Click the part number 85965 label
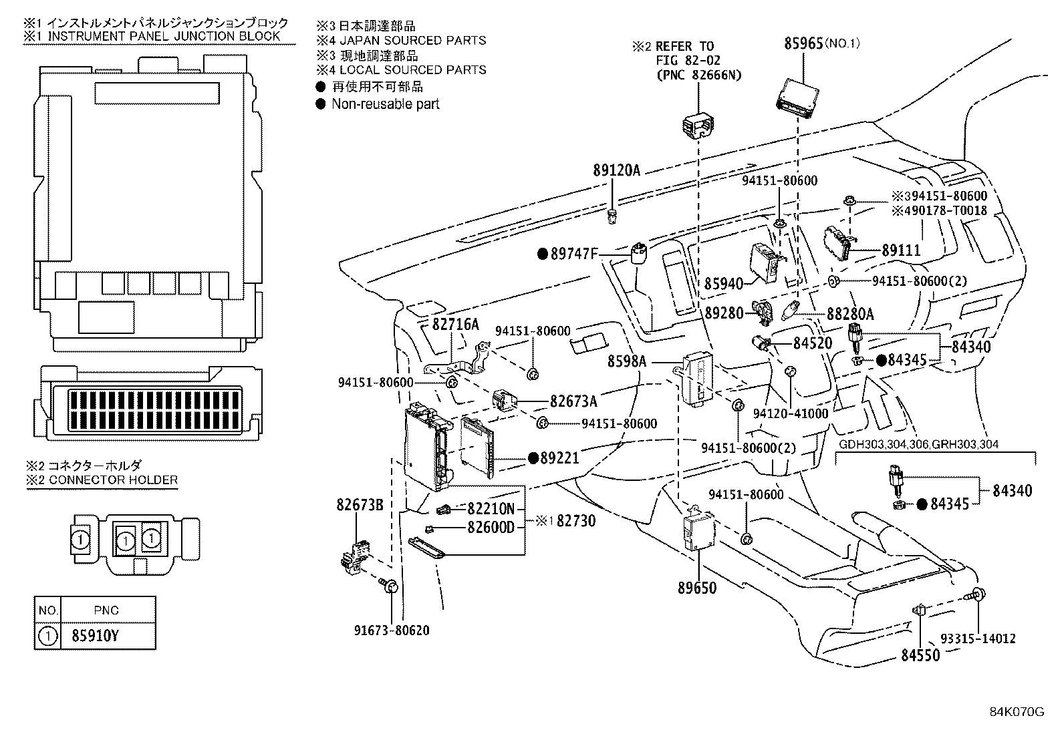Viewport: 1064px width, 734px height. click(x=803, y=43)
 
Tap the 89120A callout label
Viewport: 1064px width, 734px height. click(x=617, y=170)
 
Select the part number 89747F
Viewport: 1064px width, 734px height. click(x=574, y=254)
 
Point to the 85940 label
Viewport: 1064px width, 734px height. click(x=723, y=284)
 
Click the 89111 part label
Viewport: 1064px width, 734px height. click(x=901, y=250)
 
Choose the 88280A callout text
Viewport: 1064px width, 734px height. click(x=850, y=314)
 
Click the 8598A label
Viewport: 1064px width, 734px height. click(x=627, y=361)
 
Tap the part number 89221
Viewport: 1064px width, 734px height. click(x=559, y=457)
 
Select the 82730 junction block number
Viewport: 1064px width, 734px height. click(x=575, y=521)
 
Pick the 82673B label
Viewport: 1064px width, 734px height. click(x=360, y=505)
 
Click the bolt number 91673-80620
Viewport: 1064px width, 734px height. click(x=392, y=630)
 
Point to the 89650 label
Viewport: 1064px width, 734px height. click(x=697, y=588)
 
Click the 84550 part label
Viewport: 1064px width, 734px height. click(x=920, y=655)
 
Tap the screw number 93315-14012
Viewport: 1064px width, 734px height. click(x=978, y=638)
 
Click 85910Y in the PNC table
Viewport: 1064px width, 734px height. click(x=95, y=636)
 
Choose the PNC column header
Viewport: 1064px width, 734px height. click(x=106, y=610)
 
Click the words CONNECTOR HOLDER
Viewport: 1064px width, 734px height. click(x=113, y=480)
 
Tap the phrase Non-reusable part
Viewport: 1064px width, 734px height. click(x=385, y=104)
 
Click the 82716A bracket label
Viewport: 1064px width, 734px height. click(x=456, y=325)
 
